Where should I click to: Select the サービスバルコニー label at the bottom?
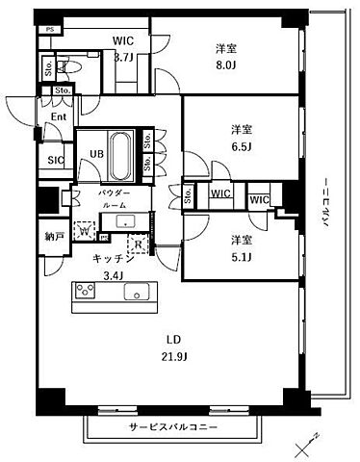pyautogui.click(x=172, y=424)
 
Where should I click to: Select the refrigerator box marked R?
pyautogui.click(x=138, y=244)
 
